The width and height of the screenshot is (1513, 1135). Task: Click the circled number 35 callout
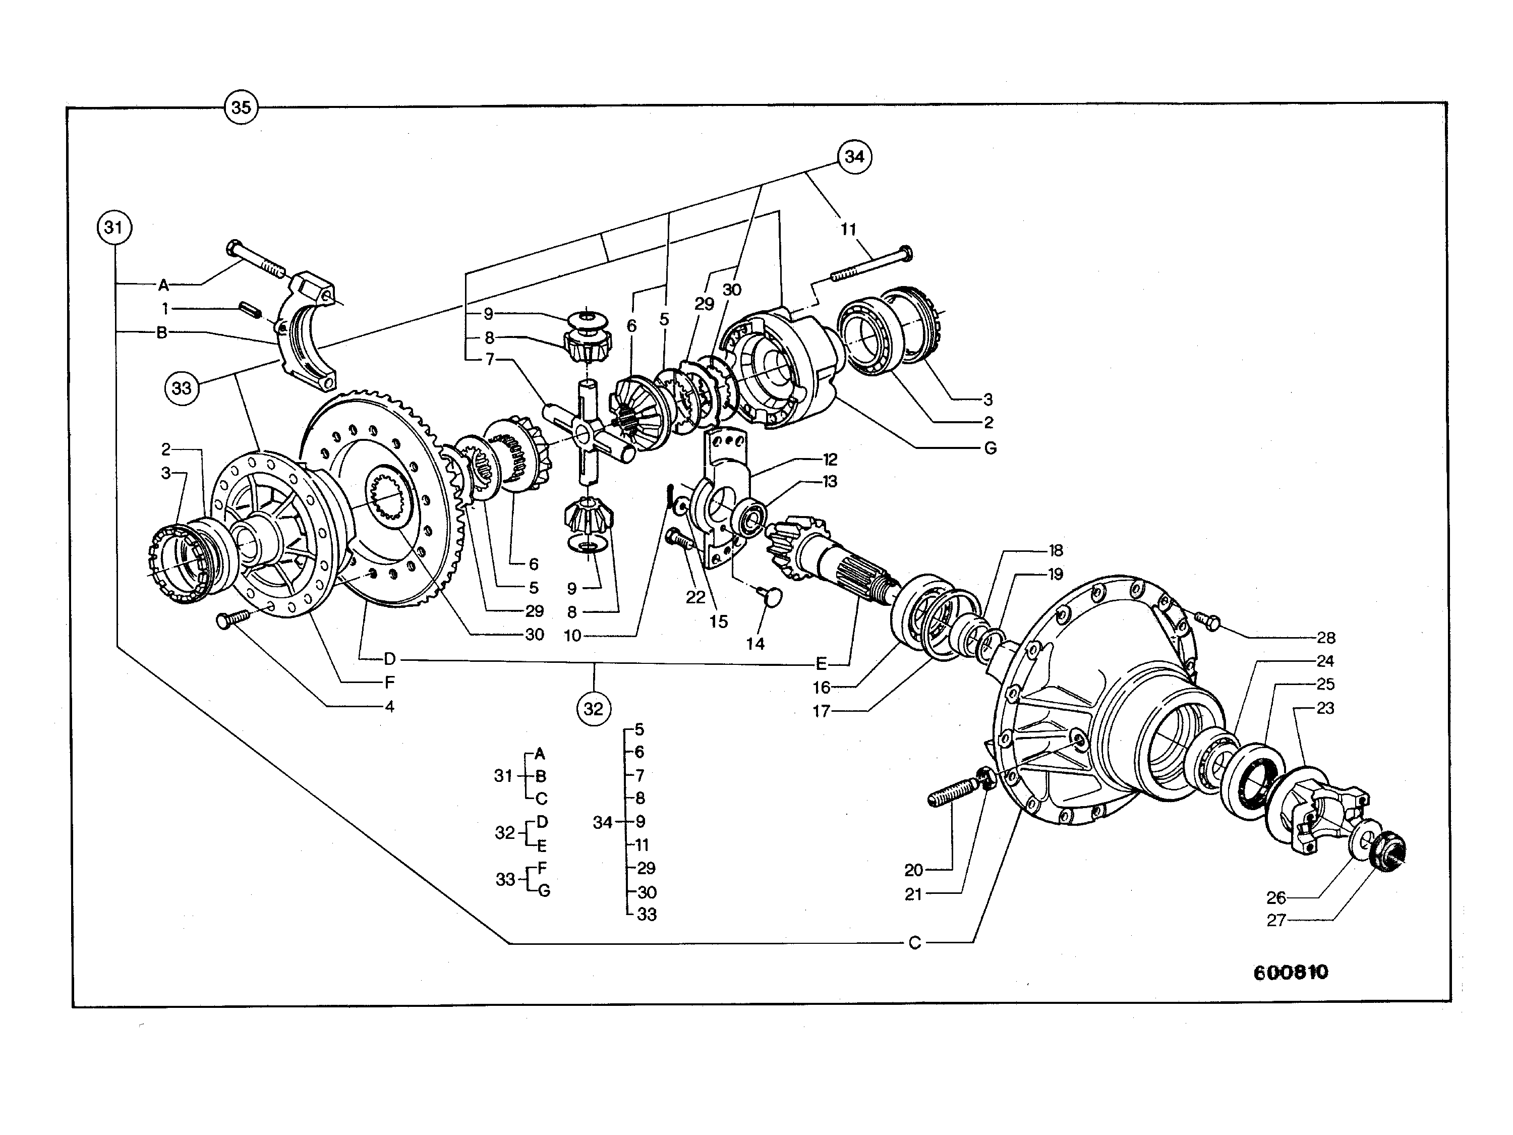pyautogui.click(x=241, y=107)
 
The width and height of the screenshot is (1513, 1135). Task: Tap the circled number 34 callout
pyautogui.click(x=854, y=157)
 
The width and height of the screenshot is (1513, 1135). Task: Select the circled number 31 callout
pyautogui.click(x=114, y=226)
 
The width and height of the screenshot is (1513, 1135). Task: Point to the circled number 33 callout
pyautogui.click(x=181, y=388)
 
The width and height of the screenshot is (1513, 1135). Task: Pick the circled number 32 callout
pyautogui.click(x=593, y=709)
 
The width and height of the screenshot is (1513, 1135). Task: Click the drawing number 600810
pyautogui.click(x=1290, y=972)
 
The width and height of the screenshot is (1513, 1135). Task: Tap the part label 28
pyautogui.click(x=1325, y=638)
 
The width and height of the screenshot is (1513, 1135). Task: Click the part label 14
pyautogui.click(x=755, y=643)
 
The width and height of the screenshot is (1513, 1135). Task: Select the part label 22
pyautogui.click(x=695, y=597)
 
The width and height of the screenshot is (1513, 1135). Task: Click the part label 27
pyautogui.click(x=1276, y=920)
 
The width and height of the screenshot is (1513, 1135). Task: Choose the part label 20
pyautogui.click(x=914, y=870)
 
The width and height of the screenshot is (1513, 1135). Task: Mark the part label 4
pyautogui.click(x=389, y=706)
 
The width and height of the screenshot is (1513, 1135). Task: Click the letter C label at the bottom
pyautogui.click(x=915, y=943)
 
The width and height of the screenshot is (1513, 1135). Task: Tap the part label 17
pyautogui.click(x=822, y=711)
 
